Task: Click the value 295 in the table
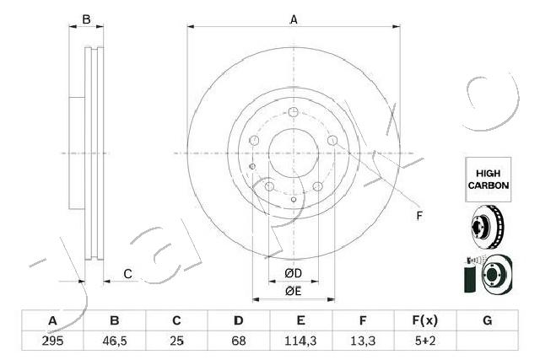pyautogui.click(x=52, y=341)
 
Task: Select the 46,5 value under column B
pyautogui.click(x=115, y=341)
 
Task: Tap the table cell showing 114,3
pyautogui.click(x=300, y=341)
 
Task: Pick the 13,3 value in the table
pyautogui.click(x=362, y=341)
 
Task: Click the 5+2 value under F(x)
pyautogui.click(x=424, y=341)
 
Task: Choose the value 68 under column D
pyautogui.click(x=239, y=341)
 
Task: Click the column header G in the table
pyautogui.click(x=487, y=321)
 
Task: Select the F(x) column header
pyautogui.click(x=424, y=321)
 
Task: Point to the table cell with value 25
pyautogui.click(x=176, y=341)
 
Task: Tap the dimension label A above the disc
pyautogui.click(x=294, y=19)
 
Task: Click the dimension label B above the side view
pyautogui.click(x=85, y=19)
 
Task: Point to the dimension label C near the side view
pyautogui.click(x=127, y=273)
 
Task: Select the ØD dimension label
pyautogui.click(x=293, y=273)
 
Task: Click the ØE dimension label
pyautogui.click(x=293, y=292)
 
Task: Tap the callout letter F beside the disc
pyautogui.click(x=419, y=217)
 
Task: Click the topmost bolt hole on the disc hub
pyautogui.click(x=293, y=113)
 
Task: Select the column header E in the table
pyautogui.click(x=300, y=321)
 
